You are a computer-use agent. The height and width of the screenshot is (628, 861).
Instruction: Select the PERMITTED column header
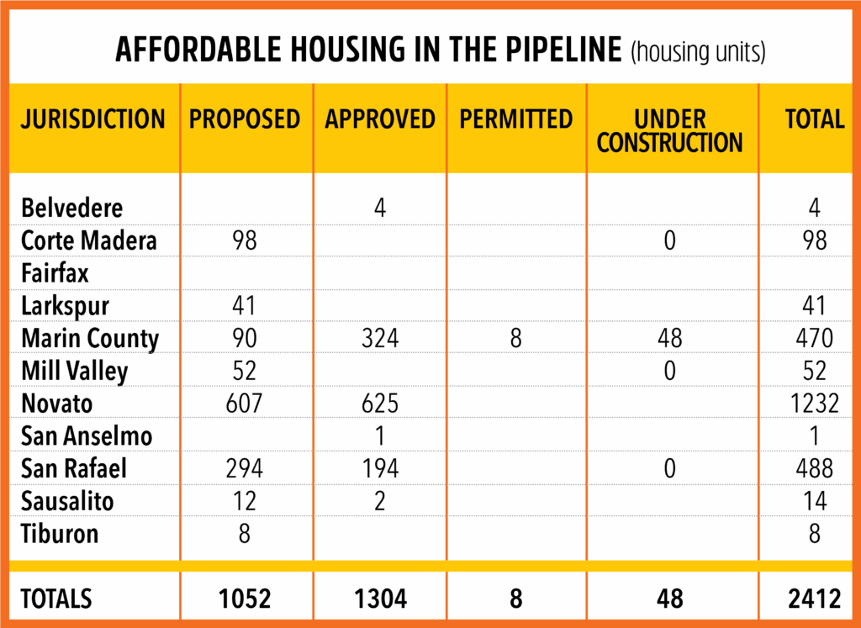click(516, 119)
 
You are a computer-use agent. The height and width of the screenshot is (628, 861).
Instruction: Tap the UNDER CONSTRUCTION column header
click(669, 131)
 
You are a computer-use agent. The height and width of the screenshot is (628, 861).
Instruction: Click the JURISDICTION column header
click(93, 119)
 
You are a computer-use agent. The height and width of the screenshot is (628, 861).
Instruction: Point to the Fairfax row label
click(55, 273)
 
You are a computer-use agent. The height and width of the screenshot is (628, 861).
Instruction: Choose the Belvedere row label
click(71, 208)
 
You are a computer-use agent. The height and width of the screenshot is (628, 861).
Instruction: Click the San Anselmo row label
click(87, 436)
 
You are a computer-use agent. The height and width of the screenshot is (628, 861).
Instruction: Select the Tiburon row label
click(60, 534)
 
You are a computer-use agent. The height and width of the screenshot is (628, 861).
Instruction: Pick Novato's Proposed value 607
click(245, 404)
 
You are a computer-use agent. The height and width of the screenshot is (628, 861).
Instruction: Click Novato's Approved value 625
click(380, 404)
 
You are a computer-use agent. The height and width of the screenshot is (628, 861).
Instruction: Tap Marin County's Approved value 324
click(380, 339)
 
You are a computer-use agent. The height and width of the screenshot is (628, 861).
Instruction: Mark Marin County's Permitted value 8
click(515, 339)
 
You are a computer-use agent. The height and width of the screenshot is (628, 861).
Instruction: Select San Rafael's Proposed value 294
click(245, 469)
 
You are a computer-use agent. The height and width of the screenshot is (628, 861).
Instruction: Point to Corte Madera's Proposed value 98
click(245, 241)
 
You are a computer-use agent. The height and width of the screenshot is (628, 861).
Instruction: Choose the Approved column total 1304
click(380, 599)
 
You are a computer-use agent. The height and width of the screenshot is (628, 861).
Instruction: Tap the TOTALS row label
click(56, 599)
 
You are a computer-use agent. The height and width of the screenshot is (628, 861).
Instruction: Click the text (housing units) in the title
click(697, 52)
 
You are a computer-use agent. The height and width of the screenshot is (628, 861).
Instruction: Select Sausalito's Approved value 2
click(380, 502)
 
